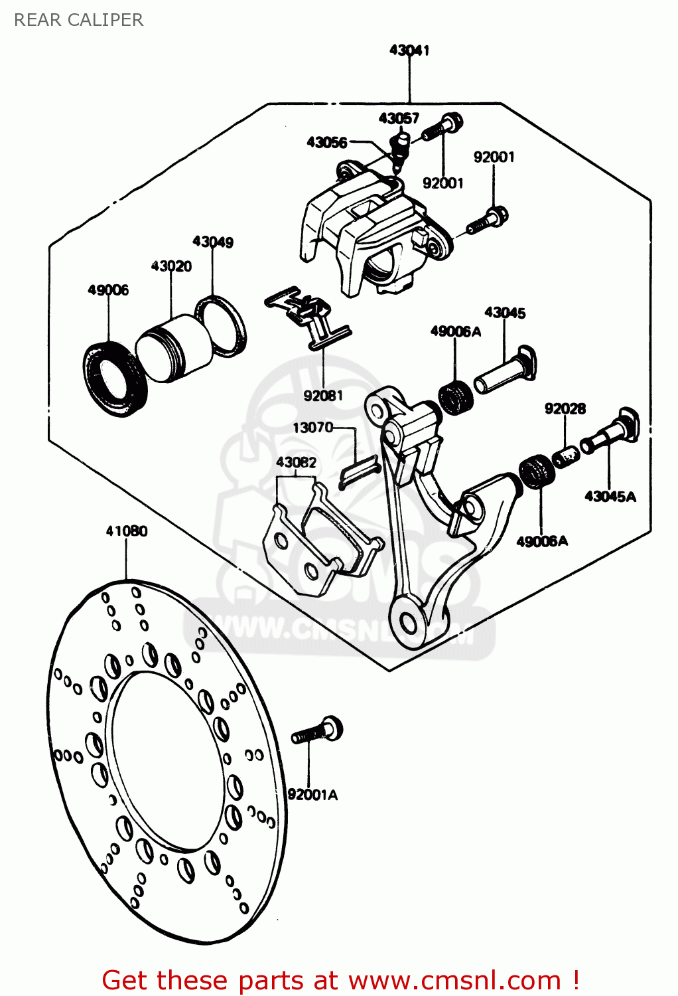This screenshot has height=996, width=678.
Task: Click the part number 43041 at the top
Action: point(409,50)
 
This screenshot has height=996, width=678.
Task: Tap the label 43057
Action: point(399,118)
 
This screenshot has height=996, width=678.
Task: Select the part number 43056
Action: point(326,142)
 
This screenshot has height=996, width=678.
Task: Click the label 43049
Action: point(213,242)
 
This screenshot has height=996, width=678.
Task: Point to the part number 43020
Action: point(171,266)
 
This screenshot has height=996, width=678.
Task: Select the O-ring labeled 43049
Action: point(221,325)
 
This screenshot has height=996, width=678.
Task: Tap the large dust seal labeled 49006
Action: point(115,378)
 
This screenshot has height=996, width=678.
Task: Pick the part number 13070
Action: point(313,428)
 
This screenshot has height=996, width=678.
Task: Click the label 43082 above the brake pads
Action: point(296,462)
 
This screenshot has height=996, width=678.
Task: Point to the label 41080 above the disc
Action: point(127,531)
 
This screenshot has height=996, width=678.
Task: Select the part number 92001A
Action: point(312,795)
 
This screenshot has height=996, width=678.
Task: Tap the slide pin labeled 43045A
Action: point(610,433)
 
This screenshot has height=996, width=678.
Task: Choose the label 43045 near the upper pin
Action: point(505,313)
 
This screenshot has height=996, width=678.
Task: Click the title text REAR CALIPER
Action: point(78,20)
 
